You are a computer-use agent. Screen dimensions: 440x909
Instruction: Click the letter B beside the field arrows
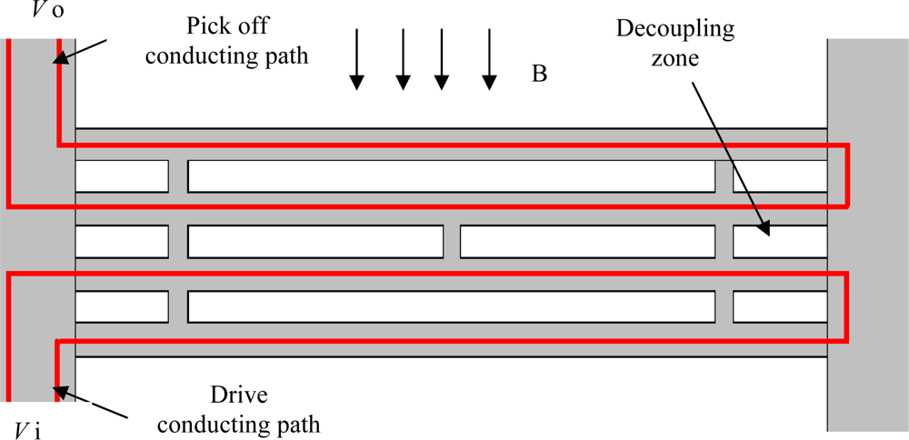[539, 75]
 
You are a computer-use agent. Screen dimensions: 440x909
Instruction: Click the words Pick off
[226, 28]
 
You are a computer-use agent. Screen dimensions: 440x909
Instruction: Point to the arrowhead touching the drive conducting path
[60, 390]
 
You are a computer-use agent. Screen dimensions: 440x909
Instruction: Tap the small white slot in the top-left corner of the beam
[121, 176]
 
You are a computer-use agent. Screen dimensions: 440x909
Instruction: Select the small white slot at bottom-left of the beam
[121, 307]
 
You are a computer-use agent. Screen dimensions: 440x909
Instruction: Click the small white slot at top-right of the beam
[780, 176]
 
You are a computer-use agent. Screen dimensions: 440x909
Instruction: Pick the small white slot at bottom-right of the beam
[780, 307]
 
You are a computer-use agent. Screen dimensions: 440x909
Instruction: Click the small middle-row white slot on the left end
[121, 241]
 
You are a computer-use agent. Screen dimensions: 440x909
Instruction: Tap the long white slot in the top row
[451, 176]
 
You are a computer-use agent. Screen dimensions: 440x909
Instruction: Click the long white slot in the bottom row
[451, 307]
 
